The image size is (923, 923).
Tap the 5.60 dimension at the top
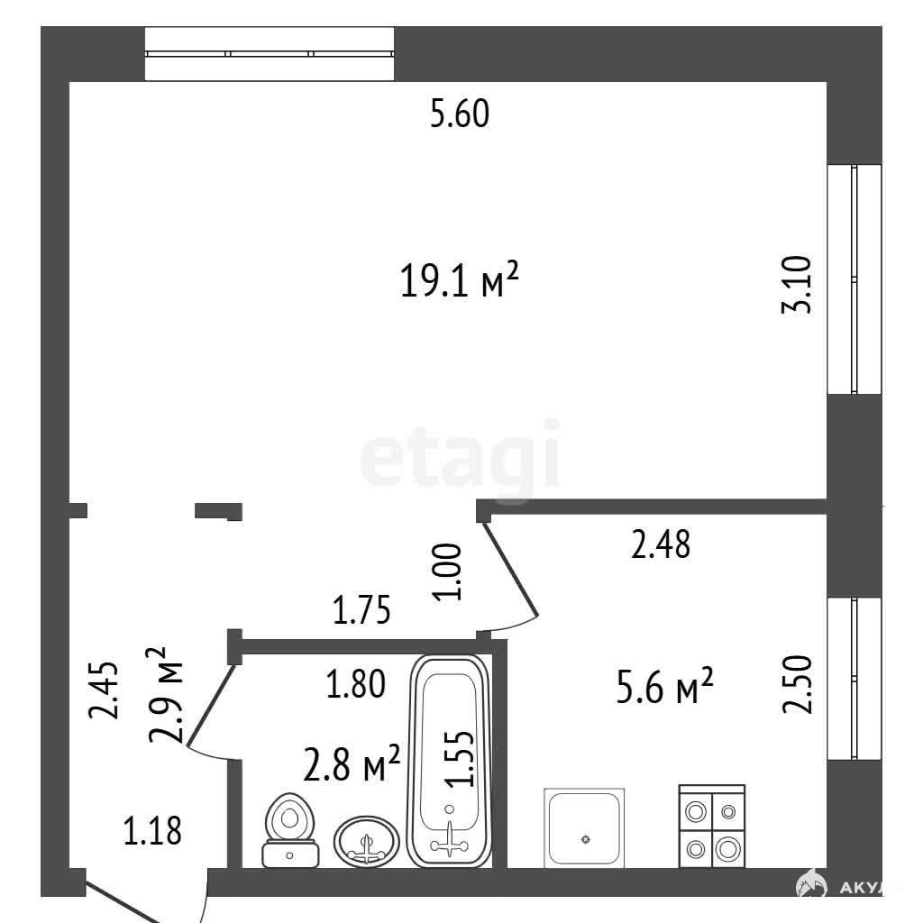(460, 114)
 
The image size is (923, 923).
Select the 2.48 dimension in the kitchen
(661, 544)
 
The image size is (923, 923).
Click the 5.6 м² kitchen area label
(664, 685)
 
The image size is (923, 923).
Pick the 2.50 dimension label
(797, 685)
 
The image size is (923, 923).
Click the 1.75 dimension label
(361, 610)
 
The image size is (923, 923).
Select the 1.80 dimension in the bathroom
(355, 683)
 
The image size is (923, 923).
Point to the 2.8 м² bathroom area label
(352, 763)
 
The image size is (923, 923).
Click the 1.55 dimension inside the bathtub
(459, 758)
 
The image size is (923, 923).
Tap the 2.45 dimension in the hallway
(104, 690)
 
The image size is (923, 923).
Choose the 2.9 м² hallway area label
(166, 695)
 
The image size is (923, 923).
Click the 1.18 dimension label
(151, 831)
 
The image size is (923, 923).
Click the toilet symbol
(290, 830)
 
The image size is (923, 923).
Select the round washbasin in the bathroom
(367, 840)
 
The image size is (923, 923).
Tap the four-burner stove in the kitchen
(712, 826)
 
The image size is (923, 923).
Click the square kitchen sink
(584, 827)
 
